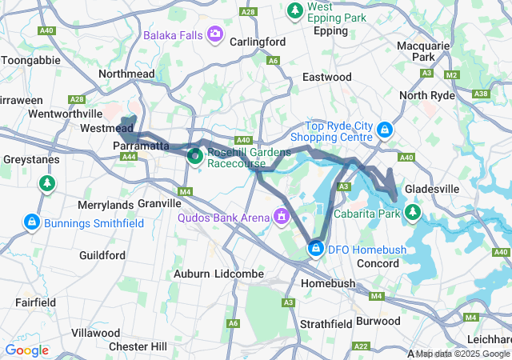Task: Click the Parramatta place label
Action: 141,146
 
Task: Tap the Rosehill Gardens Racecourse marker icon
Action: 194,156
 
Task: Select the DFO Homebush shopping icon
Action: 317,250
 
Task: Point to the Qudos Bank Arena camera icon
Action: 281,215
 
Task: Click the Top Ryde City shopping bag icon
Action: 385,129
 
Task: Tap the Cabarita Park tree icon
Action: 413,213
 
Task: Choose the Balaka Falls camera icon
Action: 214,34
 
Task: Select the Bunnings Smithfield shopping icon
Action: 31,222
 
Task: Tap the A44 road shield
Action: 128,157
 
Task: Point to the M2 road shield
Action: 451,74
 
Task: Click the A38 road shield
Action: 481,94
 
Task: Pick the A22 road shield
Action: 361,346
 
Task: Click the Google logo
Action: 26,350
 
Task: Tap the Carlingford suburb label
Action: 258,42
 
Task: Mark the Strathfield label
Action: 326,324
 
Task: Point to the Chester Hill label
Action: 138,346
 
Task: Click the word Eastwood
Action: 326,77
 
